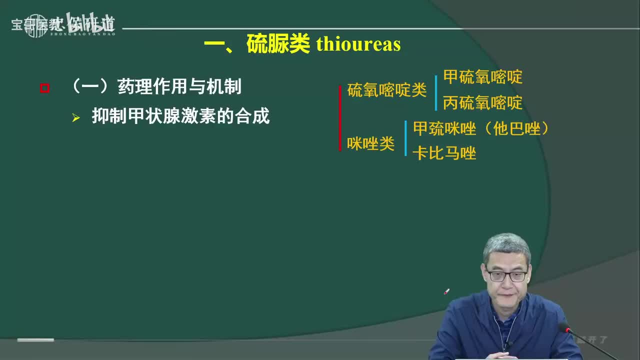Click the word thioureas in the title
click(x=358, y=44)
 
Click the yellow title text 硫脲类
click(x=278, y=44)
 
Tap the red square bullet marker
click(x=44, y=88)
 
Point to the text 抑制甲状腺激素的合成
click(x=180, y=116)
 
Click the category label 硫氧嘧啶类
click(x=386, y=90)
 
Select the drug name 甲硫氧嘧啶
click(x=482, y=77)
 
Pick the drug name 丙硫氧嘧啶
click(x=482, y=103)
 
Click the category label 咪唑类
click(x=370, y=144)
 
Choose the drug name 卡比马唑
click(x=444, y=153)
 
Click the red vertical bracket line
click(x=340, y=118)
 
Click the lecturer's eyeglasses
click(x=506, y=275)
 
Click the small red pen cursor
click(x=446, y=291)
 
